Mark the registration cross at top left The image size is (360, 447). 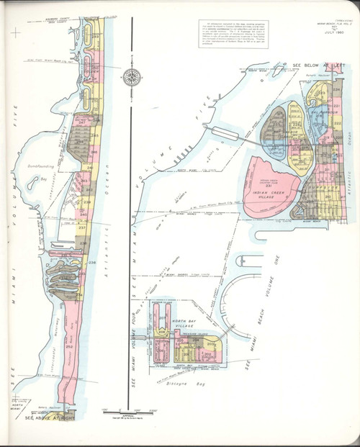pyautogui.click(x=15, y=32)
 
